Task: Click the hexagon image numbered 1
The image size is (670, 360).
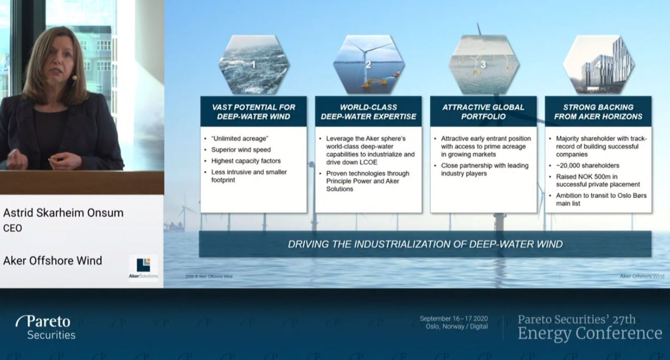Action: pos(254,65)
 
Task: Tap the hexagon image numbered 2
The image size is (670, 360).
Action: pos(369,65)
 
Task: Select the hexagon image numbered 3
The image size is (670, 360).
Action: pos(483,65)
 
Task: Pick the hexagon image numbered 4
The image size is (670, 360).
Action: pos(598,65)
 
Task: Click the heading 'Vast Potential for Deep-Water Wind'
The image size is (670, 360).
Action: pos(254,112)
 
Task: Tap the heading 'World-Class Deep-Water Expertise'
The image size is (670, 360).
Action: pos(369,112)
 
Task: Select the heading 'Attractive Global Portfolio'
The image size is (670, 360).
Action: pos(483,112)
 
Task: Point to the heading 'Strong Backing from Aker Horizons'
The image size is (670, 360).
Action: pos(598,112)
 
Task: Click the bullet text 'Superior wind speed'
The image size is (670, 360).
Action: pos(241,150)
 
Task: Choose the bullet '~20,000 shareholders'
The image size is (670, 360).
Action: pos(588,166)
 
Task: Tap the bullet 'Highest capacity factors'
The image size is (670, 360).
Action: pos(246,161)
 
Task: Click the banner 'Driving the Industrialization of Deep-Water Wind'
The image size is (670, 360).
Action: pos(425,244)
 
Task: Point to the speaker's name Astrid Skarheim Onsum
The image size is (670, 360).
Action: pos(63,213)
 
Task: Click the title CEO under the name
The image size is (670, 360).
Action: pos(12,228)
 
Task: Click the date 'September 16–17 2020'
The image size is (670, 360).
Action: pos(454,319)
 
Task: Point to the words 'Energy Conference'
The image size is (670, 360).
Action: pos(589,333)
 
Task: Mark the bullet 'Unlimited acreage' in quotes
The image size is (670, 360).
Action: pos(239,138)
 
